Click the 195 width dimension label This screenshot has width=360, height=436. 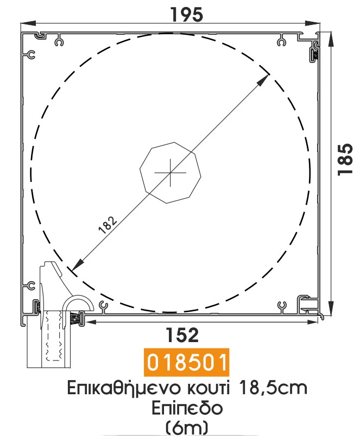point(187,15)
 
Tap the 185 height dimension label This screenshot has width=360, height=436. point(345,159)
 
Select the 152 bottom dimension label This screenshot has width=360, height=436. point(182,335)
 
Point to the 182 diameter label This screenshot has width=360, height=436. point(108,225)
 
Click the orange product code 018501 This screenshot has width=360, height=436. point(187,362)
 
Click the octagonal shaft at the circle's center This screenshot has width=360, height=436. point(170,173)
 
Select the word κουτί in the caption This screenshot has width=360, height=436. point(209,388)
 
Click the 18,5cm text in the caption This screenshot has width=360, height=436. point(273,388)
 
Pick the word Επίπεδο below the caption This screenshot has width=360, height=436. point(187,408)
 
